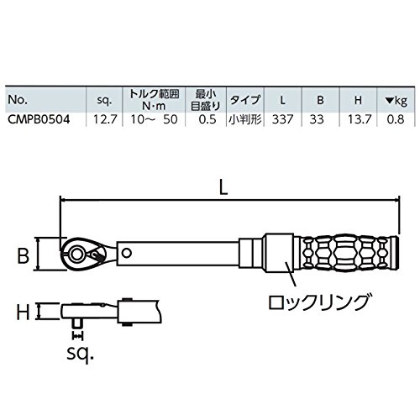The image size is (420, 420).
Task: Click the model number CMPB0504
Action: [39, 119]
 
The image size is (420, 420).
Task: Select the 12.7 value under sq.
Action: [105, 119]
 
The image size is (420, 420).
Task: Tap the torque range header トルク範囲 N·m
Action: [154, 99]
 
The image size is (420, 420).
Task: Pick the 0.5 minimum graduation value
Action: [207, 119]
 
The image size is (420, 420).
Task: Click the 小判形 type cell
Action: [245, 119]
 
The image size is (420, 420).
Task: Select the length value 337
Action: [282, 119]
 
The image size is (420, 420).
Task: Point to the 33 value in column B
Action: [317, 119]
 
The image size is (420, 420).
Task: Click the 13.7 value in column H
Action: [360, 119]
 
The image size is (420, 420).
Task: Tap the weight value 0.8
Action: [396, 119]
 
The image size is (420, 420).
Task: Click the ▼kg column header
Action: [396, 100]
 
